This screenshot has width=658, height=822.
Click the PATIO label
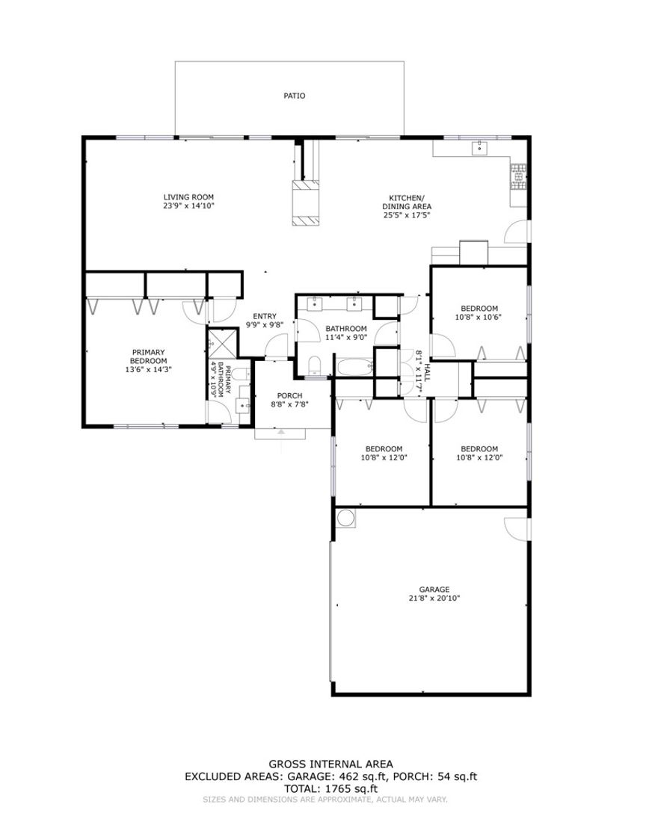coord(294,96)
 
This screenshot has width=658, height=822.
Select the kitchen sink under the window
coord(479,148)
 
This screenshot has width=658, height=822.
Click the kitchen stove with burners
coord(517,176)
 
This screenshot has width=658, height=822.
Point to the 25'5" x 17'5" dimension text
coord(406,215)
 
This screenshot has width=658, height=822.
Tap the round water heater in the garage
coord(346,518)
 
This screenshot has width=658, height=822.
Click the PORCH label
coord(289,395)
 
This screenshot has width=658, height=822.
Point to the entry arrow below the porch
coord(281,432)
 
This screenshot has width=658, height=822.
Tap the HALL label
coord(427,371)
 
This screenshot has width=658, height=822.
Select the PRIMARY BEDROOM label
coord(148,356)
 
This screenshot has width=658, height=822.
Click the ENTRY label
coord(265,316)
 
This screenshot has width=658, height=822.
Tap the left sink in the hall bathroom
coord(316,303)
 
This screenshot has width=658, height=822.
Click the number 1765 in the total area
coord(335,788)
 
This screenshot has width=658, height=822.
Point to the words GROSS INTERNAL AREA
coord(330,764)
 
